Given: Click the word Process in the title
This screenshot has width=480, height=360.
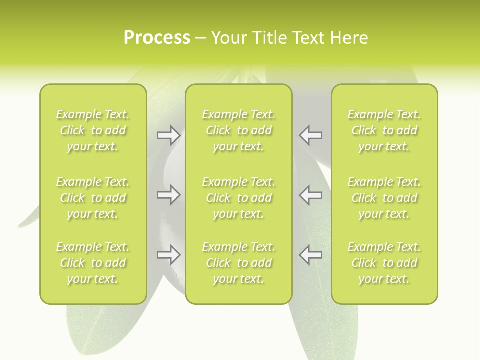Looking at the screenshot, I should [x=157, y=38].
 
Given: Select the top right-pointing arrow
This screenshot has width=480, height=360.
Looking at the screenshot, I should [x=168, y=135].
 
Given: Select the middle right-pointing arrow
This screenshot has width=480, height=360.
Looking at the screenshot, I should [x=168, y=195].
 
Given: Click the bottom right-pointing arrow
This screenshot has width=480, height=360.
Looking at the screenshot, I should [x=168, y=255].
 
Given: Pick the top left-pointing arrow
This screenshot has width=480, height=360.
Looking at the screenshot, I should [x=311, y=135].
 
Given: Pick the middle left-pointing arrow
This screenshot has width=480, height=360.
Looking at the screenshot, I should [x=311, y=195].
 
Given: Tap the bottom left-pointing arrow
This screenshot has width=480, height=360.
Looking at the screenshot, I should [x=311, y=255].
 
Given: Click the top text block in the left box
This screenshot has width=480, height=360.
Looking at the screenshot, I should [x=93, y=130].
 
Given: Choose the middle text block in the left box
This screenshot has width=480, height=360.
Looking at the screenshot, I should [x=93, y=198].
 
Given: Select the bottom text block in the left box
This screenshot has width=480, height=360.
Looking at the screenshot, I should [x=93, y=263].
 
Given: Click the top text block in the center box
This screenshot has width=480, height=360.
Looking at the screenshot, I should [x=239, y=130].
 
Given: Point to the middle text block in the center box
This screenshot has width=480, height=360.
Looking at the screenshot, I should [x=239, y=198].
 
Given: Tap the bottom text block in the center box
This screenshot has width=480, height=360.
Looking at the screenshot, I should [x=239, y=263].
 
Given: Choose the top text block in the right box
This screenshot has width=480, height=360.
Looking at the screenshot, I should [x=384, y=130].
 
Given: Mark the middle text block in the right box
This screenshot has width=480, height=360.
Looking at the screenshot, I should [x=384, y=198].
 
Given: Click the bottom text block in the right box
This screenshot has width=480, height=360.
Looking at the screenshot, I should [x=384, y=263].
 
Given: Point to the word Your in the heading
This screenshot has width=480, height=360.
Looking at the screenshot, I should [x=229, y=38].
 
